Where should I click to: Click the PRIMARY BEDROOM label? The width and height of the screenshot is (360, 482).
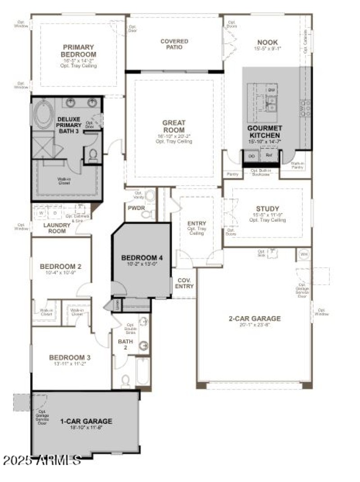pos(78,50)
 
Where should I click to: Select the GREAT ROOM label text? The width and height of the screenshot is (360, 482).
pos(174,126)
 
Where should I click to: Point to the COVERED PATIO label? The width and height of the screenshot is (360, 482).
pos(174,44)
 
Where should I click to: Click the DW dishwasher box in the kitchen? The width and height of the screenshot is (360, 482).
pos(271,91)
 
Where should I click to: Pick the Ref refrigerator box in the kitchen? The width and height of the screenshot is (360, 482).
pos(269,155)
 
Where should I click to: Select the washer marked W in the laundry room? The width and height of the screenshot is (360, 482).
pos(41,212)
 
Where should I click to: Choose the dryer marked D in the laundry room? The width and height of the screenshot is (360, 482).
pos(55,212)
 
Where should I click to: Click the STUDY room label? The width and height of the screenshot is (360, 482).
pos(267,209)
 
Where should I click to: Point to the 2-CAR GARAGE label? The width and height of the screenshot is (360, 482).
pos(254,318)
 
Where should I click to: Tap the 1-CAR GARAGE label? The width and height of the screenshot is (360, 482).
pos(86,421)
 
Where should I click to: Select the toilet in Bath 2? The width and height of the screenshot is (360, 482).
pos(126,381)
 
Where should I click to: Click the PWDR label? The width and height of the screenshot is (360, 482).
pos(135,208)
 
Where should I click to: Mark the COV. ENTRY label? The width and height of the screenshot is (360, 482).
pos(184,283)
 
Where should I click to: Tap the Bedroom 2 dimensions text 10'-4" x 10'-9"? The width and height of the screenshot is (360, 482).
pos(60,273)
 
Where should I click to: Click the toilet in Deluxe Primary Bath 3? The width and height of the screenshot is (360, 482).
pos(93,155)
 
